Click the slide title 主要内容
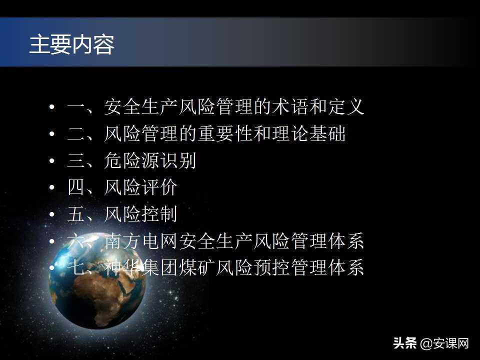tap(71, 44)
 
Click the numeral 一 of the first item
tap(76, 107)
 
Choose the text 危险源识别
tap(150, 161)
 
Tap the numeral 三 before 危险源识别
tap(76, 161)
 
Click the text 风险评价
tap(140, 188)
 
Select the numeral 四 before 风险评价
tap(76, 188)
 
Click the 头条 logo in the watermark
tap(405, 343)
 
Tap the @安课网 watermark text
tap(444, 343)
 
